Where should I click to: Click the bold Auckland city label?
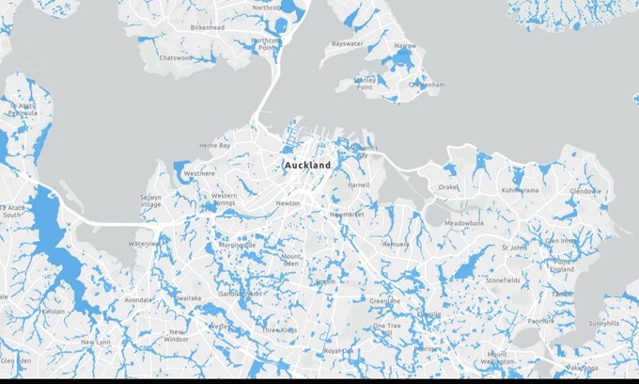[x=307, y=166]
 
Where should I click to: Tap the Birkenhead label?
[x=209, y=28]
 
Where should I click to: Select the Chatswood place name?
[x=176, y=57]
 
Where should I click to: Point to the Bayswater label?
[x=347, y=43]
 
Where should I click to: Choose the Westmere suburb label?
[x=199, y=174]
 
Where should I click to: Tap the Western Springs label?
[x=224, y=200]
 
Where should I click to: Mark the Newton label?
[x=288, y=203]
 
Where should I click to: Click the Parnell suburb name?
[x=359, y=185]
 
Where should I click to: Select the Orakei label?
[x=448, y=186]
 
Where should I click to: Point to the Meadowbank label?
[x=464, y=223]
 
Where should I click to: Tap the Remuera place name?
[x=396, y=245]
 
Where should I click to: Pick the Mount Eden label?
[x=292, y=260]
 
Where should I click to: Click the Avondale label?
[x=137, y=300]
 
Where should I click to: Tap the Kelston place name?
[x=53, y=311]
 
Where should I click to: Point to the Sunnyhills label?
[x=604, y=323]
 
